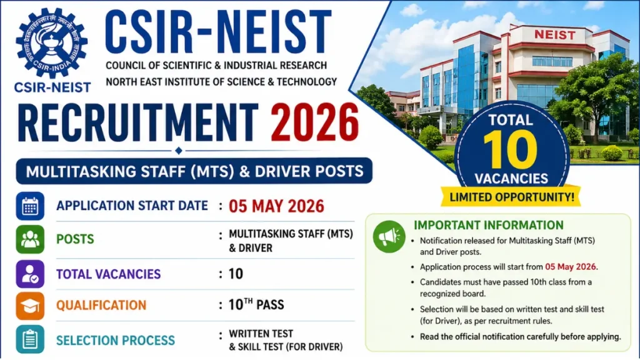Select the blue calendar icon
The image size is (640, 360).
point(30,206)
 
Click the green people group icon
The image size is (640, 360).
point(30,239)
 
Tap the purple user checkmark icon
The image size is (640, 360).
point(30,274)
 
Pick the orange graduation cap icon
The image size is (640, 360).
point(30,306)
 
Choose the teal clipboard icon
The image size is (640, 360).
point(30,339)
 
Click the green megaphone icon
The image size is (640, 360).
point(389,236)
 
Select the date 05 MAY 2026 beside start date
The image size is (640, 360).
point(276,206)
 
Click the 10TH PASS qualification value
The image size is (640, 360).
point(256,305)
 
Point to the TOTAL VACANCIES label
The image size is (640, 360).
point(109,274)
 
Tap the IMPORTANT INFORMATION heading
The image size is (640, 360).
point(488,225)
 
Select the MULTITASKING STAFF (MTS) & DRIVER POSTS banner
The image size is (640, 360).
point(194,171)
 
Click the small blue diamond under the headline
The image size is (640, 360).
point(179,150)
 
